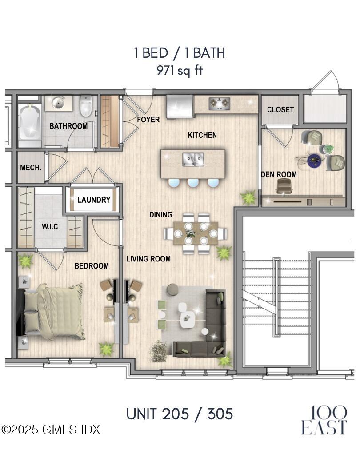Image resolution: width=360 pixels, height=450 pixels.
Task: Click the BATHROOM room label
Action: [68, 126]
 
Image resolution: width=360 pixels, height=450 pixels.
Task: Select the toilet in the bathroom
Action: [86, 107]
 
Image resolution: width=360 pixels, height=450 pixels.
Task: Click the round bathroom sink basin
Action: [58, 103]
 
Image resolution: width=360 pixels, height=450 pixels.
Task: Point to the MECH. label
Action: [31, 168]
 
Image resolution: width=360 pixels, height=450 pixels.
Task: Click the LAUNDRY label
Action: [93, 200]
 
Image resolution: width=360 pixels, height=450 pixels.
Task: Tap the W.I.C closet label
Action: [50, 227]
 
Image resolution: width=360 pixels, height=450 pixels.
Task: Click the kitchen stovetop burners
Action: [219, 104]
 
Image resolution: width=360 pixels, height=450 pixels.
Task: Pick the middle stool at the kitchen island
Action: [193, 183]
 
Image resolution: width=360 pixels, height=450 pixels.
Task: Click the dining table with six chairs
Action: [196, 233]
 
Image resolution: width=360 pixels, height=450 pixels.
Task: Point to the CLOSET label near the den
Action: [280, 109]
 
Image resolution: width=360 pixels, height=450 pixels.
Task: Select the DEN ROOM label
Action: [279, 174]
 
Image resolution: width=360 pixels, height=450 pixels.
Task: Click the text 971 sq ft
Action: [180, 70]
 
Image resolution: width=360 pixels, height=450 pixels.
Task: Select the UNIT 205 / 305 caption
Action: [180, 414]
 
